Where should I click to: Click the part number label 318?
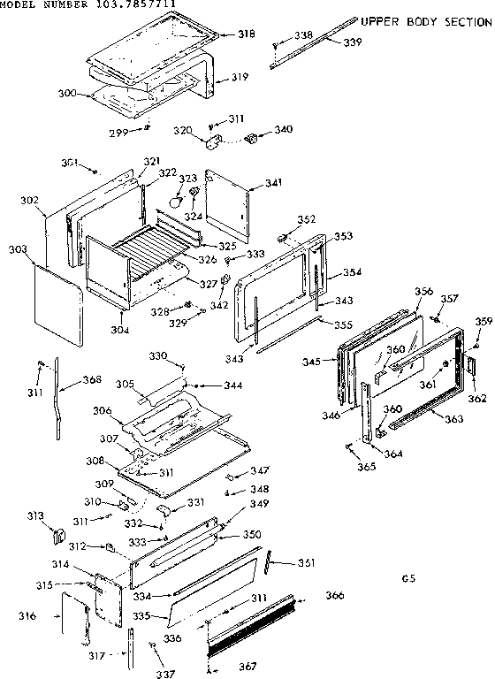click(246, 34)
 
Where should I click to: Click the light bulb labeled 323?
click(176, 202)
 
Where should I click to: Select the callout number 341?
click(273, 183)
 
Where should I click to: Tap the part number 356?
click(423, 292)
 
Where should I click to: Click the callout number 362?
click(476, 399)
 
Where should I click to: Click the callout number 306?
click(102, 410)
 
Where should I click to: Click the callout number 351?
click(306, 563)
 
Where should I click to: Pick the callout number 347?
click(259, 471)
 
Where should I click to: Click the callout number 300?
click(66, 92)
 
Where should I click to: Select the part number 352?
click(306, 220)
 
